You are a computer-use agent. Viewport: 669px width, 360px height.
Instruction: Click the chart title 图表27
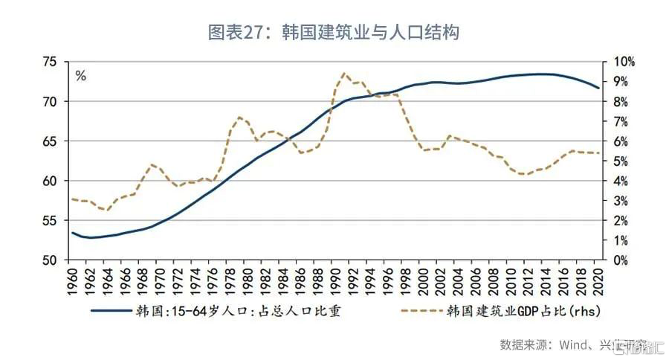[334, 32]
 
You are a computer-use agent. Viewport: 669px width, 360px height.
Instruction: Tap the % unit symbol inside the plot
[81, 76]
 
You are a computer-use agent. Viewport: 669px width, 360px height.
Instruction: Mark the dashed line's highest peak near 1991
[344, 73]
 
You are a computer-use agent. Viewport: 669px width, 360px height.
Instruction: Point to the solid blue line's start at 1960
[73, 233]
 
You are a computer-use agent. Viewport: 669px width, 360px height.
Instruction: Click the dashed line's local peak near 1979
[239, 117]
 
